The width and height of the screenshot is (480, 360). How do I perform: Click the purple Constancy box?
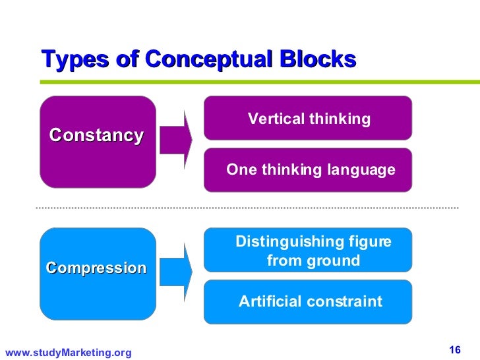coord(98,142)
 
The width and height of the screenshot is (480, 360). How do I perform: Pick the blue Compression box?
coord(98,273)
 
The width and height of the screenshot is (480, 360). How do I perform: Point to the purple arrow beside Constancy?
coord(175,139)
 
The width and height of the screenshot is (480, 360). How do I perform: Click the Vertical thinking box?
coord(308,118)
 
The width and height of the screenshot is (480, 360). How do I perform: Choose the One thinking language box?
coord(308,169)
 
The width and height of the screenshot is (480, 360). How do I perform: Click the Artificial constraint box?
coord(308,302)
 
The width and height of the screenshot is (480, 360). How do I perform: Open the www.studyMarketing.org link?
coord(68,353)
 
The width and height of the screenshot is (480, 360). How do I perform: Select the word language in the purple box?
coord(364,170)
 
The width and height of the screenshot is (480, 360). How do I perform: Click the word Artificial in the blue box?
coord(266,302)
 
